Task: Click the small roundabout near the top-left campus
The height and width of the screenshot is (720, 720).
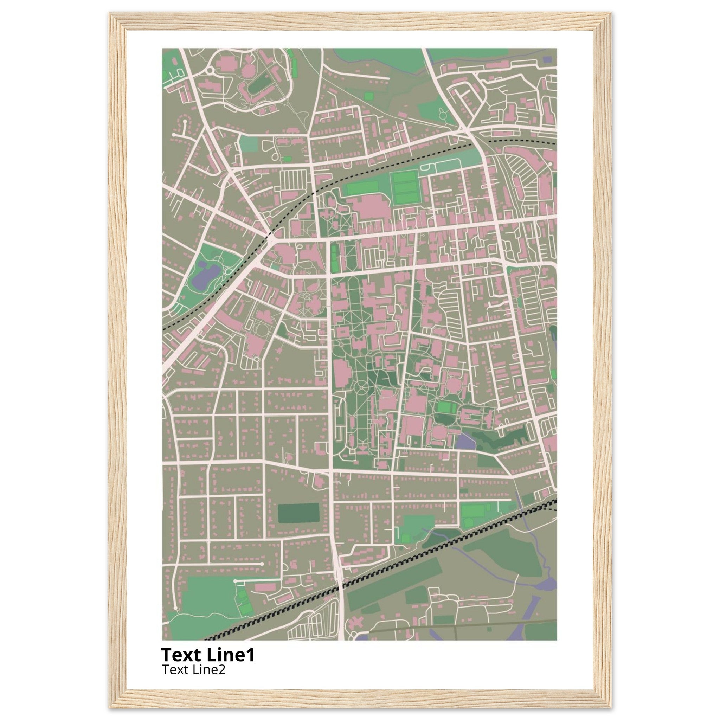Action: coord(210,70)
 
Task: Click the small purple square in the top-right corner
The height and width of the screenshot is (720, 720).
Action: coord(547,59)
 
